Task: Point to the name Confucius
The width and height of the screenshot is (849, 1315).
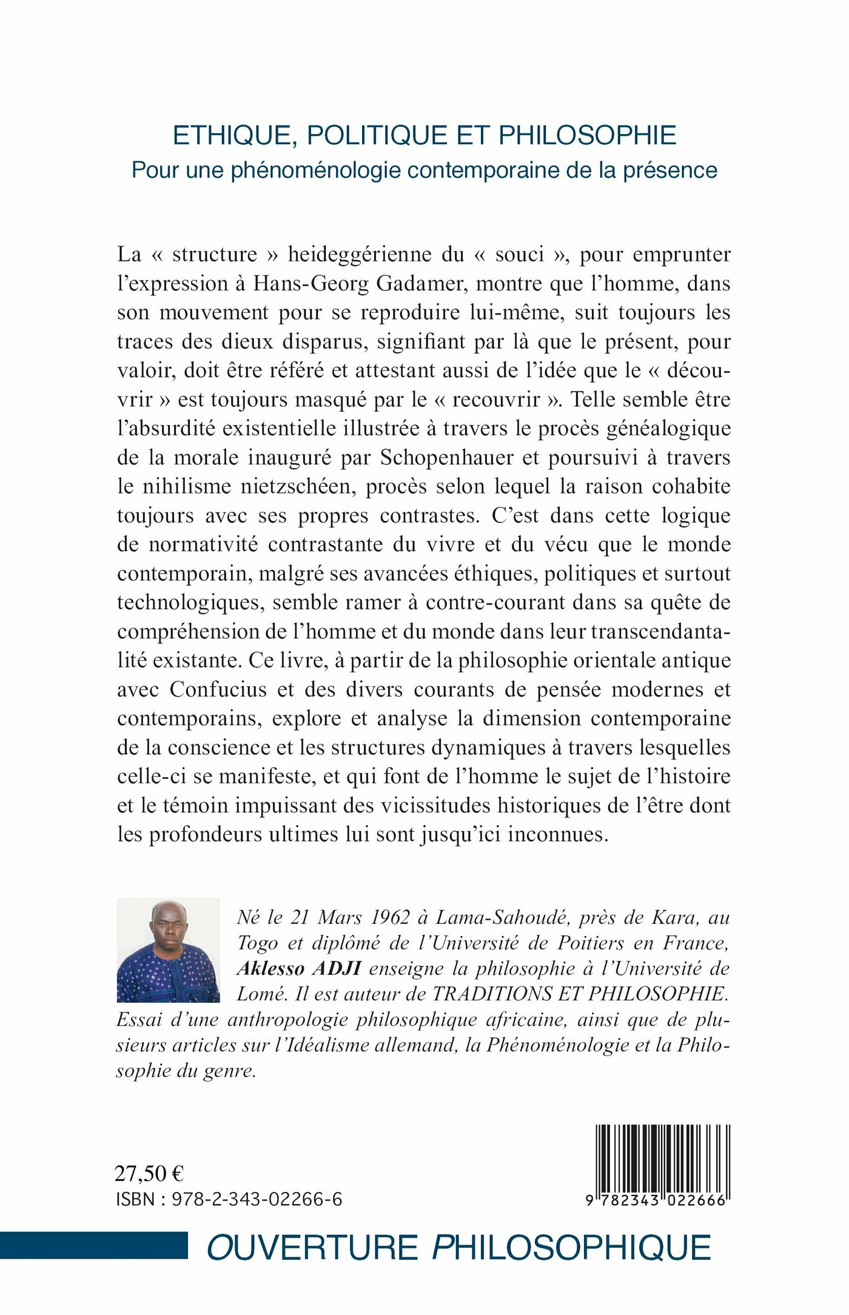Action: point(218,690)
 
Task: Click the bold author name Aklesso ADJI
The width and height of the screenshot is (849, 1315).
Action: point(299,969)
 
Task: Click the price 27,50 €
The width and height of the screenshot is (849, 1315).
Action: point(149,1174)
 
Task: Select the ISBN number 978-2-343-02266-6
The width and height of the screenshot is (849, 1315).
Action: point(257,1199)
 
